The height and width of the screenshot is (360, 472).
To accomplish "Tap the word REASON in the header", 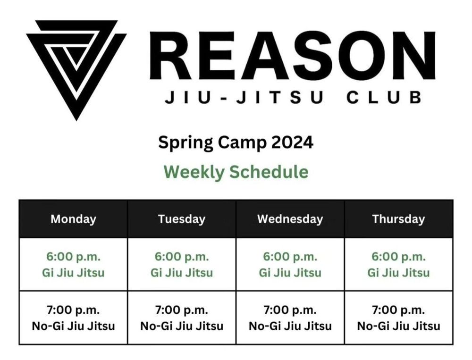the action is tap(293, 55).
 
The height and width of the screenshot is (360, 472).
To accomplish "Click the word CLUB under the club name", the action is tap(384, 98).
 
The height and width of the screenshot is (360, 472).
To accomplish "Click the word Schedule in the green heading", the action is tap(269, 172).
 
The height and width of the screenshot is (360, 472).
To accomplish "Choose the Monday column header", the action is tap(73, 219).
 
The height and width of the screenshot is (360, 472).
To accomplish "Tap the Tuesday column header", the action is tap(182, 219).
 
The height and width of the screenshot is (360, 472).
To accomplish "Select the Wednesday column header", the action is tap(290, 219).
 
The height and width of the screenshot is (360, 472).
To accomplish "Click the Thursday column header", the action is tap(398, 219).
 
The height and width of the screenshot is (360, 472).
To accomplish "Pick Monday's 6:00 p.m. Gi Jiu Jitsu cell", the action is tap(73, 265).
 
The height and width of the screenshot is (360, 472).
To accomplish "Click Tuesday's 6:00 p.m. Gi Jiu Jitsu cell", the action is tap(182, 265).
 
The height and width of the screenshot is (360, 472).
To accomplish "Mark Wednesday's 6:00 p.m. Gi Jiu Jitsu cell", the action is tap(290, 265).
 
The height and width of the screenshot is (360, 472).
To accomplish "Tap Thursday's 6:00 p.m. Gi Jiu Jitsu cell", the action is tap(398, 265).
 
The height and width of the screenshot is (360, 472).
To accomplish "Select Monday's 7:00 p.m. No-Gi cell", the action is tap(73, 318).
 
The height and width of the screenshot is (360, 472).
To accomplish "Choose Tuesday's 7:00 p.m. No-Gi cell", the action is tap(182, 318).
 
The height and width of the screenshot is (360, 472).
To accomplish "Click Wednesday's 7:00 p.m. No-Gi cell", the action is tap(290, 318).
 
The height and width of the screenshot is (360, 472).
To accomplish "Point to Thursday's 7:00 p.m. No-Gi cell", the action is tap(398, 318).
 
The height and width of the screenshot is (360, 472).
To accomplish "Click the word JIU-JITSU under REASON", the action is tap(244, 98).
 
